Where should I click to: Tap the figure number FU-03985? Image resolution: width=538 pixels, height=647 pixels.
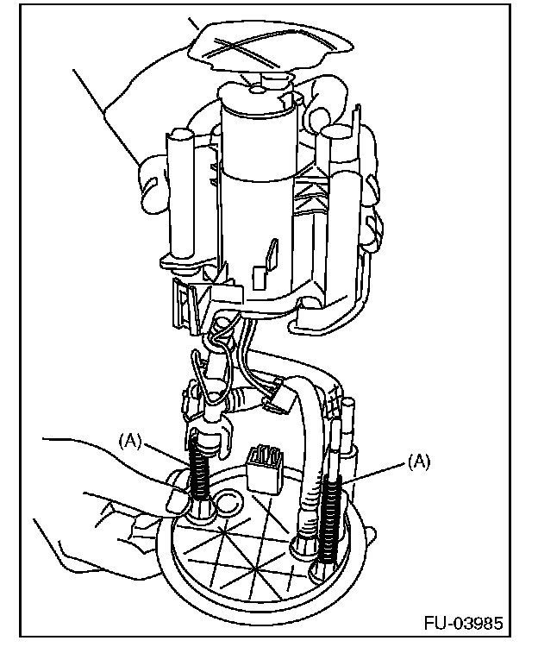pyautogui.click(x=462, y=623)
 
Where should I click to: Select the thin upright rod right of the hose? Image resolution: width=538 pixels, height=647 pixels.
pyautogui.click(x=348, y=431)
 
